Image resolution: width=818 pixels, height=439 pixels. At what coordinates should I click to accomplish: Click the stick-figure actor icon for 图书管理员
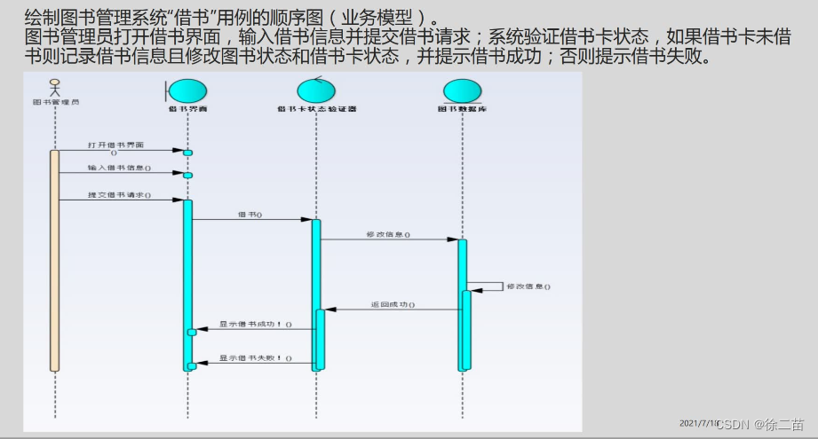click(55, 87)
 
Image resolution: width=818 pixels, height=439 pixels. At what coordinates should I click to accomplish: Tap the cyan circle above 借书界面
click(187, 91)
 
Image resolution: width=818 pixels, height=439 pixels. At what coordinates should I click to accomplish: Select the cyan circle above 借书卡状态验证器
click(315, 91)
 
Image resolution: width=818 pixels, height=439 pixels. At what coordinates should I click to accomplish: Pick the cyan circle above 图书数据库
click(461, 91)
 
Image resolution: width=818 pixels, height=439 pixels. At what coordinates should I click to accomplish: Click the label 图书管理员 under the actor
click(55, 102)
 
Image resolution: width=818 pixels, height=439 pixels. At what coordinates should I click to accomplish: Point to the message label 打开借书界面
click(115, 145)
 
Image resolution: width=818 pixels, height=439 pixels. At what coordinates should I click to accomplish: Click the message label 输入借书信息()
click(119, 168)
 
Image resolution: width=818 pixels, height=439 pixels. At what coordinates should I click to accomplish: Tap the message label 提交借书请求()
click(119, 194)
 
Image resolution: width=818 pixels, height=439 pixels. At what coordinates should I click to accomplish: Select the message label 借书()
click(250, 214)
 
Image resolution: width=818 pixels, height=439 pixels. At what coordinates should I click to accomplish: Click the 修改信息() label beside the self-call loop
click(528, 286)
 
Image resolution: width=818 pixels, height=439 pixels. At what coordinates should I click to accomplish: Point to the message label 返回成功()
click(392, 304)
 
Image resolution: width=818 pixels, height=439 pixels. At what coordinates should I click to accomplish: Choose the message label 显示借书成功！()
click(256, 324)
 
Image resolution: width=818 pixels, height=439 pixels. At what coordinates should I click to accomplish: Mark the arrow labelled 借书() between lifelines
click(251, 220)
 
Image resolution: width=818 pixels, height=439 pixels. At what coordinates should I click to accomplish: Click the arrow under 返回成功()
click(392, 310)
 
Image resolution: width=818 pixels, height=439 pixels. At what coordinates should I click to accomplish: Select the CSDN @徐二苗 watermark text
click(759, 425)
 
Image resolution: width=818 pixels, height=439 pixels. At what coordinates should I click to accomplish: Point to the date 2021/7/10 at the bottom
click(698, 424)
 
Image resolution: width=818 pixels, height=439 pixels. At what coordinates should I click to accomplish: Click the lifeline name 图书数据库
click(462, 110)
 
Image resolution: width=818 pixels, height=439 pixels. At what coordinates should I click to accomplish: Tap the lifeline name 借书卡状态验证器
click(316, 110)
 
